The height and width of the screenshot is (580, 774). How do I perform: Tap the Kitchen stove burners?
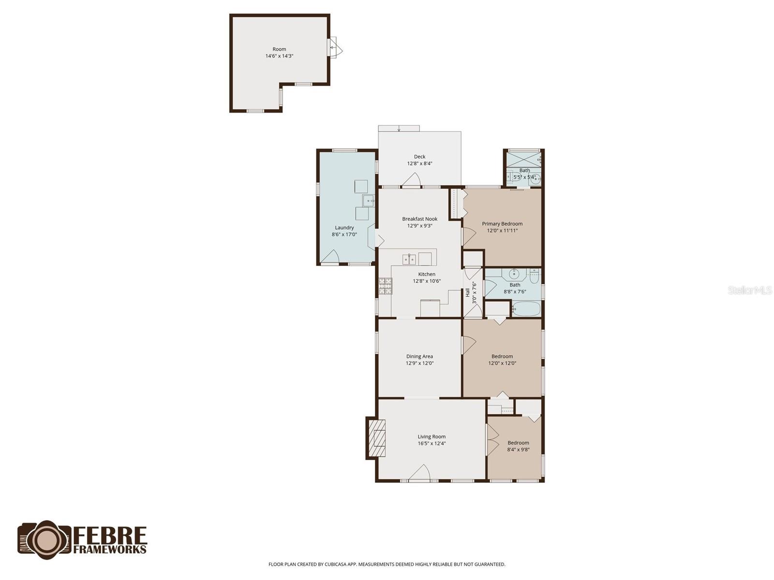point(385,286)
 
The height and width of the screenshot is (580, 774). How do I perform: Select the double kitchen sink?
point(409,260)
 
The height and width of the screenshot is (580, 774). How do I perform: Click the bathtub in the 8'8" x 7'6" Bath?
point(526,309)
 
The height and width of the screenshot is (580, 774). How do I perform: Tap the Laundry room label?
point(344,228)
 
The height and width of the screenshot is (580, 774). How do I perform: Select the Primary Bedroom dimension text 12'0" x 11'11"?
point(502,231)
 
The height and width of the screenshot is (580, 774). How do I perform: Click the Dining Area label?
point(419,356)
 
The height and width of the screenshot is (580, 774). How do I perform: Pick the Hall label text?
point(467,293)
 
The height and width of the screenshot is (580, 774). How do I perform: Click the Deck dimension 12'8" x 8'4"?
point(419,163)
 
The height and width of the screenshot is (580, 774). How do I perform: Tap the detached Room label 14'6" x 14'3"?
point(279,52)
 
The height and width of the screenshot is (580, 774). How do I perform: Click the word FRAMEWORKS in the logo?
point(110,549)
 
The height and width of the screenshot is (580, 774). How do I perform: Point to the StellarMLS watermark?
point(750,290)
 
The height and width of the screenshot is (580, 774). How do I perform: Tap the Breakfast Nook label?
point(419,219)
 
